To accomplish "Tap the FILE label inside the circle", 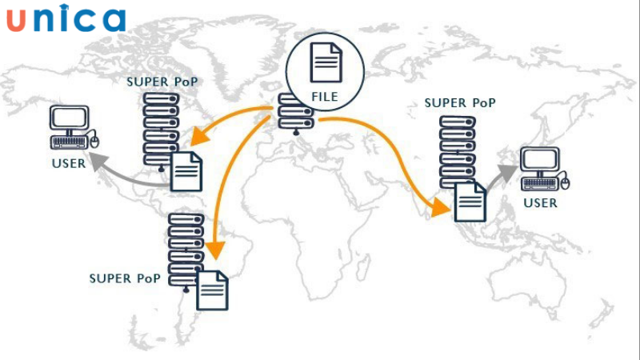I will coord(325,97).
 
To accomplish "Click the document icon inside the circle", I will coord(325,62).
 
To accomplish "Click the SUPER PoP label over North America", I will coord(162,82).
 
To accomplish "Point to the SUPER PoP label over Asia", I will coord(460,102).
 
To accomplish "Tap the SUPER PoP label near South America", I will coord(125,278).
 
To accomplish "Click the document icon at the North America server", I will coord(186,170).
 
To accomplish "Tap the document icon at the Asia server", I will coord(470,201).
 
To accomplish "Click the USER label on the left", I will coord(69,165).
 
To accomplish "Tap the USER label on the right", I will coord(540,203).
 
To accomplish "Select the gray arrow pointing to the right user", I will coord(502,176).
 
